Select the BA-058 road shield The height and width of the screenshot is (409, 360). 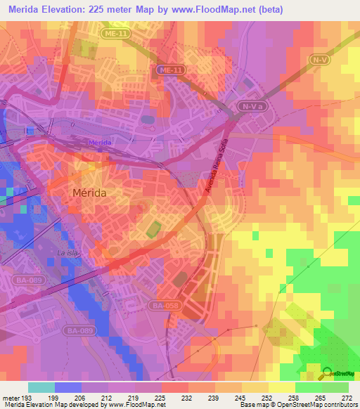coord(162,306)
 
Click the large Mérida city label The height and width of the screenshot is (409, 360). coord(93,191)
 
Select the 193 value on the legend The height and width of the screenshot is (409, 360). coord(27,398)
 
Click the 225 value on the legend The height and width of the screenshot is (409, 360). coord(160,398)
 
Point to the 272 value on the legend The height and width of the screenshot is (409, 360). coord(347,398)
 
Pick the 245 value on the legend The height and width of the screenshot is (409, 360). coord(240,398)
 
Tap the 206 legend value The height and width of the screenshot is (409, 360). coord(81,398)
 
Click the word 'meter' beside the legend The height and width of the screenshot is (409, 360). coord(11,398)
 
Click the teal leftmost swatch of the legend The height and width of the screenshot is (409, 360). coord(41,387)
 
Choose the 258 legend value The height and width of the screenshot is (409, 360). coord(294,398)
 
